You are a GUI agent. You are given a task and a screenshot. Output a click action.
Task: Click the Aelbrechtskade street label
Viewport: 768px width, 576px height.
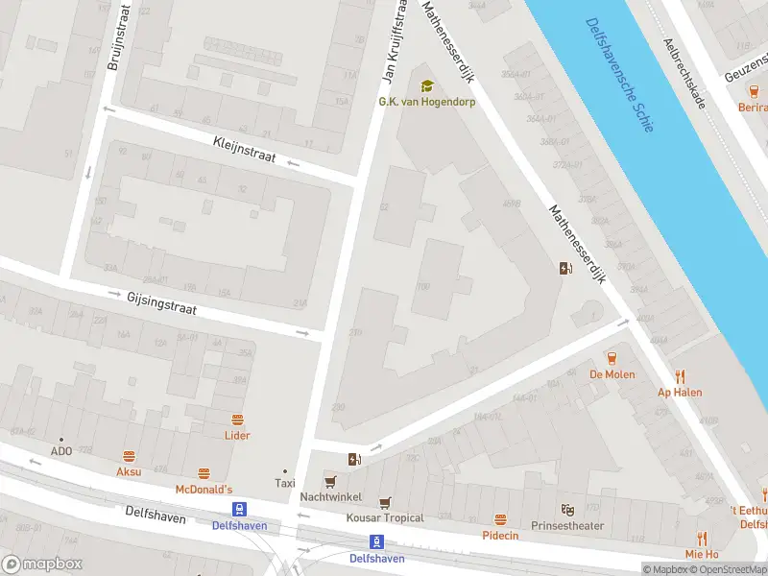click(684, 73)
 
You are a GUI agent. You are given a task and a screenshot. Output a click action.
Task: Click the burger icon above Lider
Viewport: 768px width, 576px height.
click(237, 420)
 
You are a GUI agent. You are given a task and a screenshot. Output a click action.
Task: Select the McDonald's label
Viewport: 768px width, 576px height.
click(204, 490)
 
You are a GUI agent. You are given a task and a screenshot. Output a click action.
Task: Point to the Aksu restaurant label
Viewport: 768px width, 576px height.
click(129, 471)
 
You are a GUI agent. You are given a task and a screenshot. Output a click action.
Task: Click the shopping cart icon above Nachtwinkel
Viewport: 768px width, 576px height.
click(330, 482)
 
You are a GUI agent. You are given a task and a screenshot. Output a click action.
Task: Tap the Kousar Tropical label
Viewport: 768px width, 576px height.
click(385, 518)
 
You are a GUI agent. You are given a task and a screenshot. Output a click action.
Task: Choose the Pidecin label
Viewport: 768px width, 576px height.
click(500, 535)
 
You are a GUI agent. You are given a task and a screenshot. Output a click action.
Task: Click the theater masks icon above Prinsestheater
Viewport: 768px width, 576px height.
click(568, 509)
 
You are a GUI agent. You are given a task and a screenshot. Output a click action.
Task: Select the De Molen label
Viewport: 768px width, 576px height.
click(612, 374)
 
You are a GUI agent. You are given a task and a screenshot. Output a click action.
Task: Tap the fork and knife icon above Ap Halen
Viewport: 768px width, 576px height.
click(680, 375)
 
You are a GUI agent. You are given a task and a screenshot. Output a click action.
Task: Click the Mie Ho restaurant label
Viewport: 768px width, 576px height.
click(702, 554)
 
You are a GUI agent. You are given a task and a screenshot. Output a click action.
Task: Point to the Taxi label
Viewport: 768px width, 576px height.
click(284, 483)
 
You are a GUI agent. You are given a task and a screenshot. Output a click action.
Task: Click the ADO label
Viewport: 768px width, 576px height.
click(61, 451)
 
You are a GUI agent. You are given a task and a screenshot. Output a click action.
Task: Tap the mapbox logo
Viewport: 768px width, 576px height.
click(42, 564)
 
